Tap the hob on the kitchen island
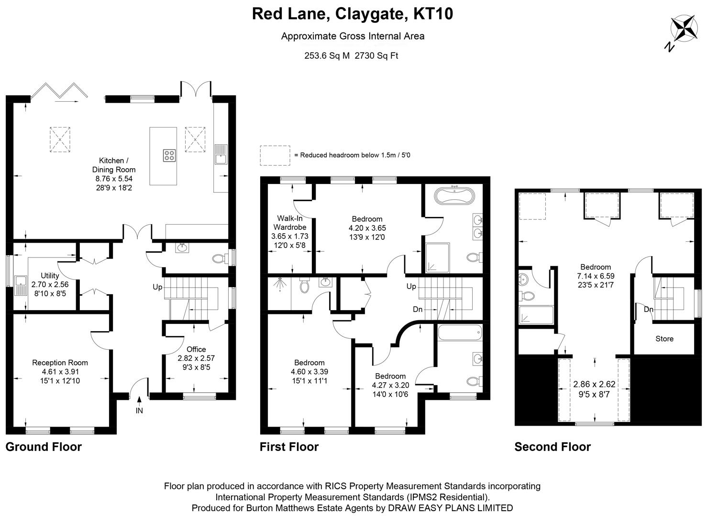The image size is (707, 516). [169, 155]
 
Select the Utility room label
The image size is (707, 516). [50, 276]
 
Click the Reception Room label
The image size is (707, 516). [60, 363]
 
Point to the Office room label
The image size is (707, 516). [196, 349]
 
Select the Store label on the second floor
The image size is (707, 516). [664, 339]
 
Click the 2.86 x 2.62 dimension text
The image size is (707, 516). [594, 384]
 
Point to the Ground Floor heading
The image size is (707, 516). [44, 447]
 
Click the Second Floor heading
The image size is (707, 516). [552, 447]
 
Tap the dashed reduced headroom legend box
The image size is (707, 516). [275, 156]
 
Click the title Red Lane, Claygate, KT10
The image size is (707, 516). [353, 14]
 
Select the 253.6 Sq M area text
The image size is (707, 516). [327, 55]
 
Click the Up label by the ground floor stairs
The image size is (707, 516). [157, 287]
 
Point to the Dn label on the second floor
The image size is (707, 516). [648, 310]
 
